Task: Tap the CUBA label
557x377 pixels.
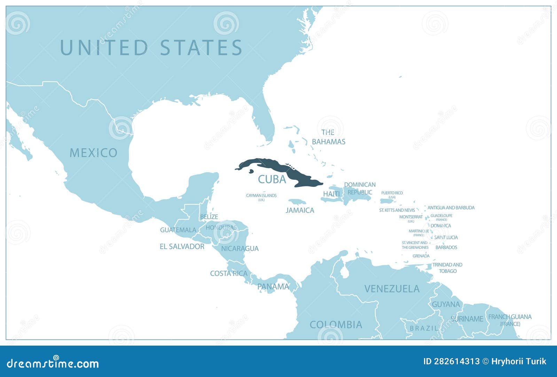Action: point(272,179)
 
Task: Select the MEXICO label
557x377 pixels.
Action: point(93,153)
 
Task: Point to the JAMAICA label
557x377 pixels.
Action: point(300,210)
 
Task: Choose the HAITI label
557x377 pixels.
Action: point(331,194)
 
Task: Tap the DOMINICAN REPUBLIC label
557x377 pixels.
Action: point(360,188)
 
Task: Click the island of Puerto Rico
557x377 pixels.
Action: point(386,201)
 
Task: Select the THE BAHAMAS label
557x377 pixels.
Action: point(328,137)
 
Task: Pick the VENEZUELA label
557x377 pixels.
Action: point(392,289)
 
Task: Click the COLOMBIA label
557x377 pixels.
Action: point(336,325)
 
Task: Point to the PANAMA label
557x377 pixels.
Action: point(273,287)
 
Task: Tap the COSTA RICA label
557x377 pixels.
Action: point(229,273)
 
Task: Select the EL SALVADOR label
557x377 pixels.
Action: point(182,247)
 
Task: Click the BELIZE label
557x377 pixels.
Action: point(209,217)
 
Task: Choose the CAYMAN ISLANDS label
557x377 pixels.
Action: point(261,196)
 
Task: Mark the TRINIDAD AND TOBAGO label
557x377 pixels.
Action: point(447,268)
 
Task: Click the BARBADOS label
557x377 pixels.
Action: point(446,247)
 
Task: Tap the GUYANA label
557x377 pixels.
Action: point(446,304)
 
